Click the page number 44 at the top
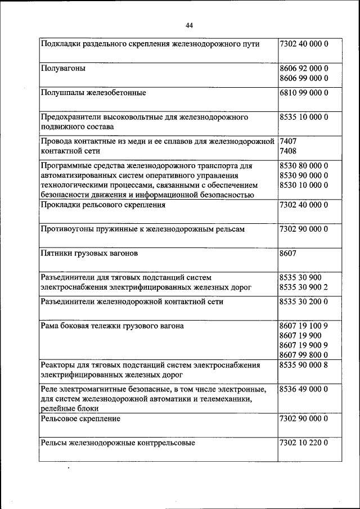(x=188, y=25)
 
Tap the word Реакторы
(x=60, y=365)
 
